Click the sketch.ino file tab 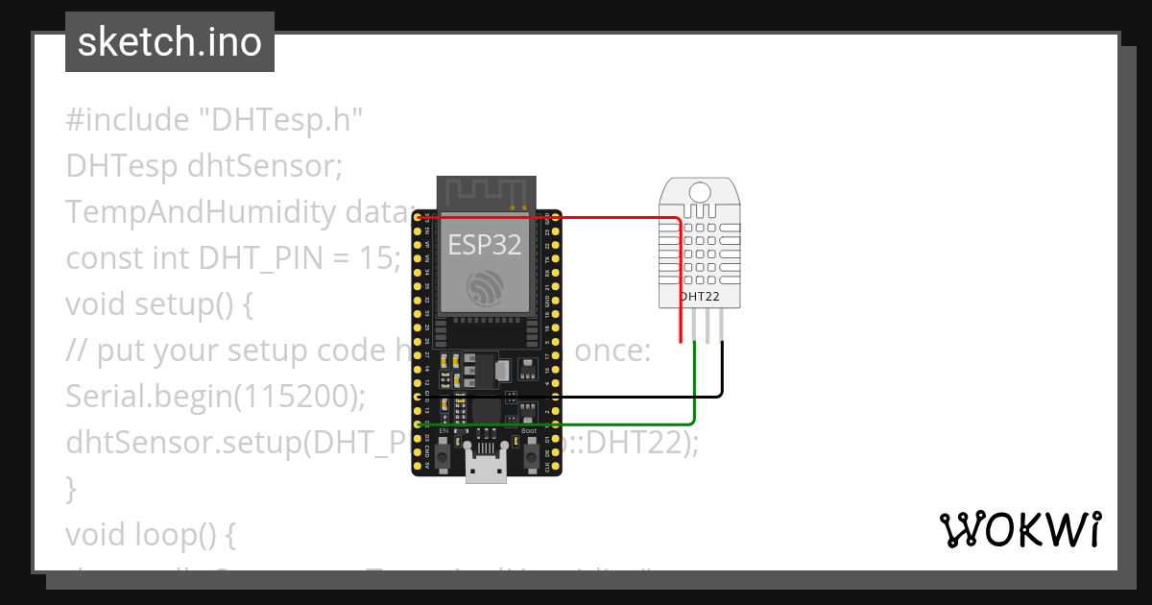click(x=170, y=42)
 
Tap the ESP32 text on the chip click(x=485, y=244)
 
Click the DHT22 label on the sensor click(x=700, y=297)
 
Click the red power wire click(x=576, y=218)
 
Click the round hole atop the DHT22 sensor click(x=700, y=191)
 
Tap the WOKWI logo click(x=1020, y=529)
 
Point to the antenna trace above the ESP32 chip click(x=484, y=191)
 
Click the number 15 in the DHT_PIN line click(x=379, y=258)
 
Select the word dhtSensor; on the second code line click(x=265, y=166)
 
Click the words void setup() click(x=158, y=304)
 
